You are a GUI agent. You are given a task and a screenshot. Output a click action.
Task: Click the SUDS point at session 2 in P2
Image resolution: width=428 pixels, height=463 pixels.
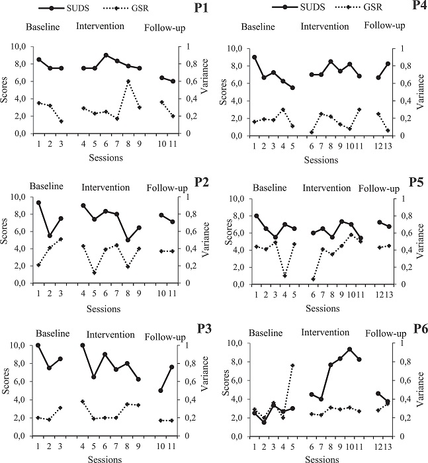point(50,235)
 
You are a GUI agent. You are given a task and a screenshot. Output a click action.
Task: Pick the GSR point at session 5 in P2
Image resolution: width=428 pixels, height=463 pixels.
point(94,273)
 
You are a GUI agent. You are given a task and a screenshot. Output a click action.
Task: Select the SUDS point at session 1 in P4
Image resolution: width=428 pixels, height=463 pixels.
point(255,57)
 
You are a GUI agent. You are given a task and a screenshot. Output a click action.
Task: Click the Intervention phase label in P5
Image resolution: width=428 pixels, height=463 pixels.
point(327,188)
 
